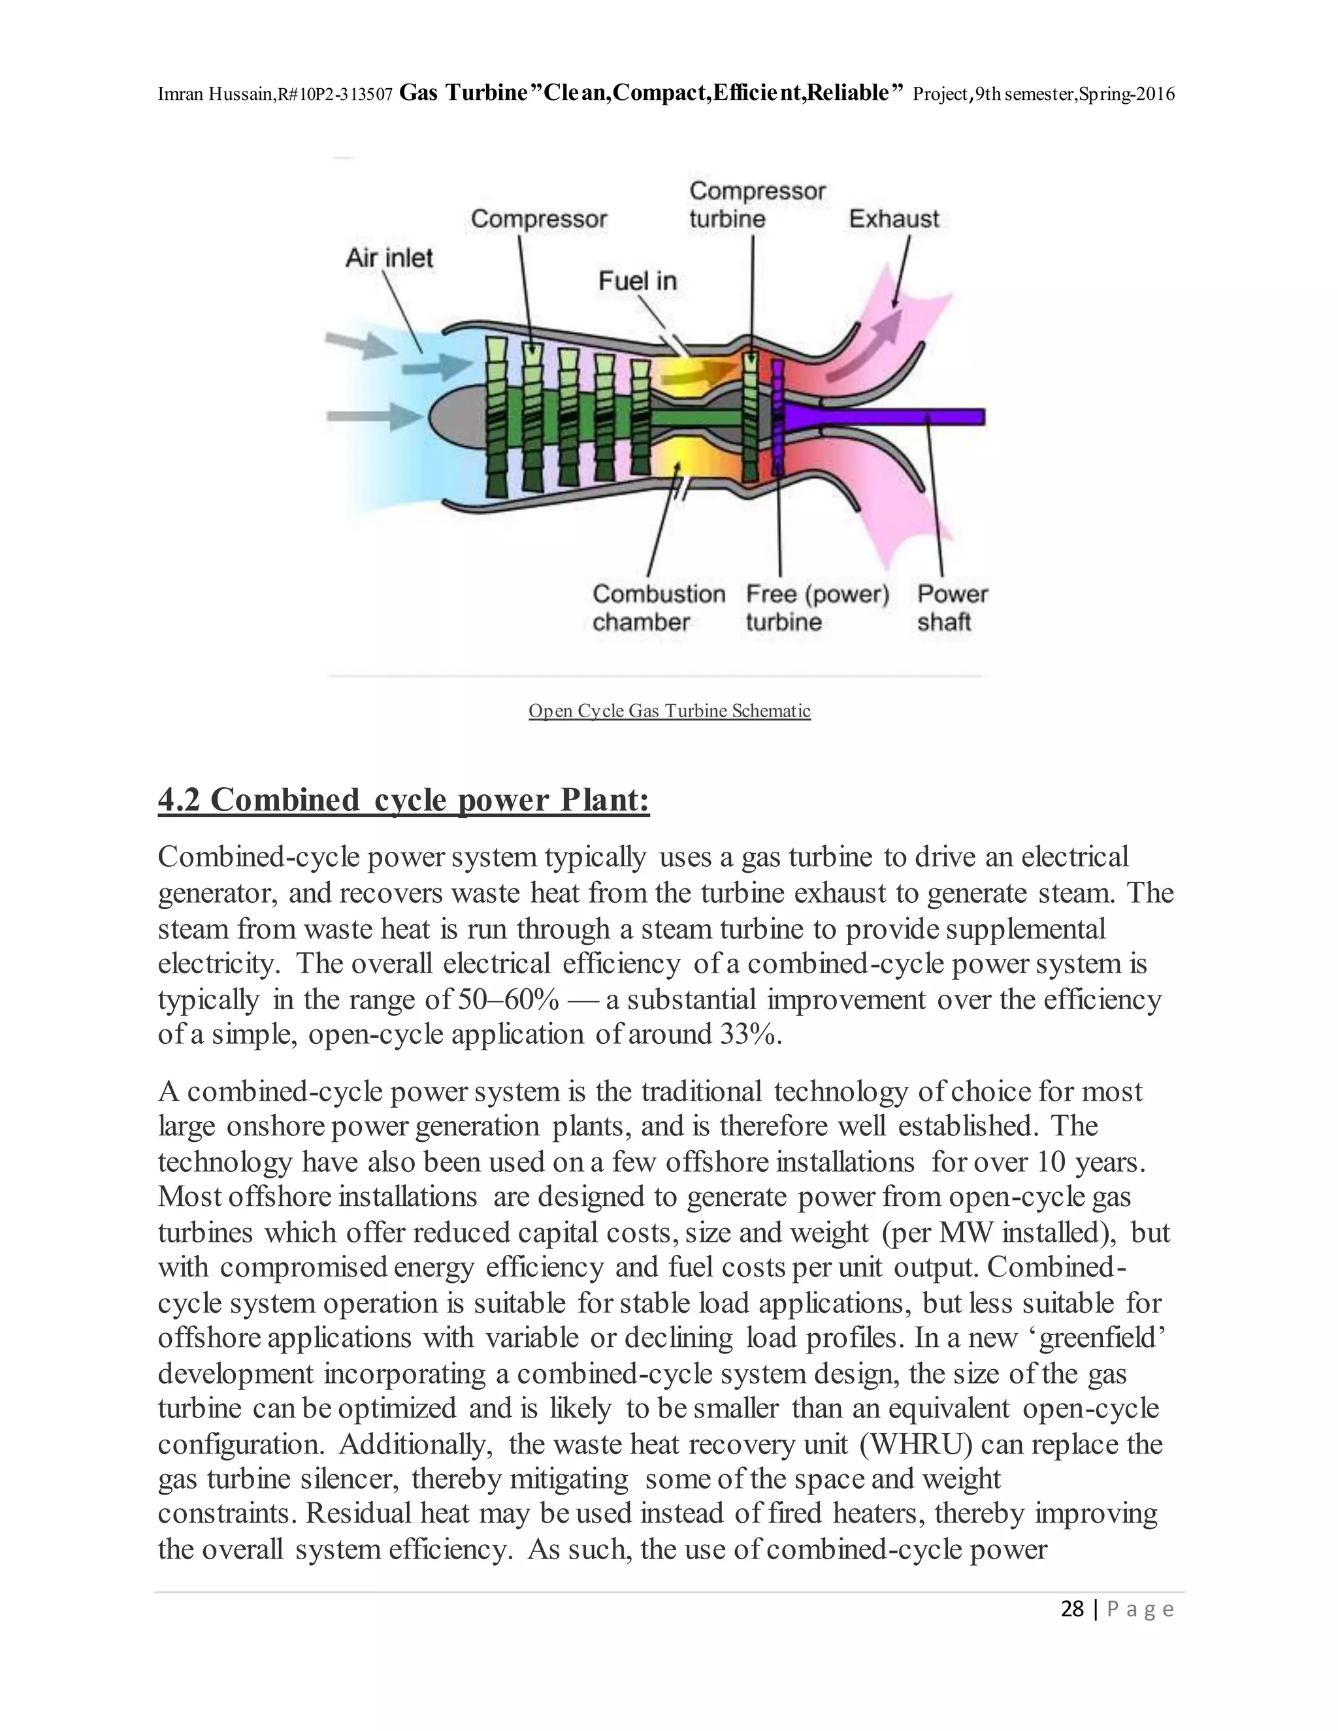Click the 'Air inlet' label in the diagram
pos(389,259)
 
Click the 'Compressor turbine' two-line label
pos(757,204)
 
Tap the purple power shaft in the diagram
pos(911,416)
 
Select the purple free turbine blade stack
pos(777,416)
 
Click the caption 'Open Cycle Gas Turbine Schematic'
pos(669,711)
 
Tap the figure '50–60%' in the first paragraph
pos(508,999)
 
